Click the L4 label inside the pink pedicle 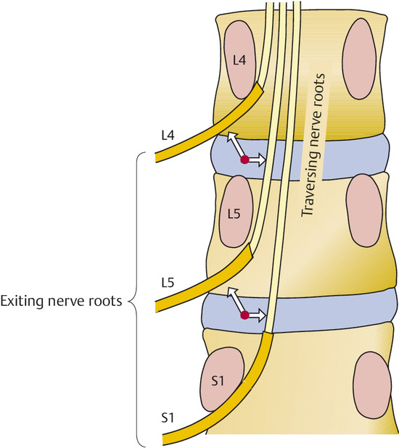pyautogui.click(x=240, y=62)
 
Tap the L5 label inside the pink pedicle pyautogui.click(x=234, y=214)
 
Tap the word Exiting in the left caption pyautogui.click(x=23, y=300)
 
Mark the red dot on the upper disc pyautogui.click(x=245, y=159)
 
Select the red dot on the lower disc pyautogui.click(x=245, y=315)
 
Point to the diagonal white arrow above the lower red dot pyautogui.click(x=236, y=299)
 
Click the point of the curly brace pyautogui.click(x=131, y=299)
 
